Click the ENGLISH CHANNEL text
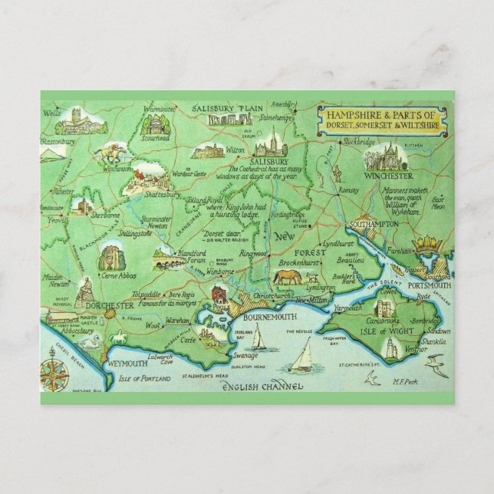262,389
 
